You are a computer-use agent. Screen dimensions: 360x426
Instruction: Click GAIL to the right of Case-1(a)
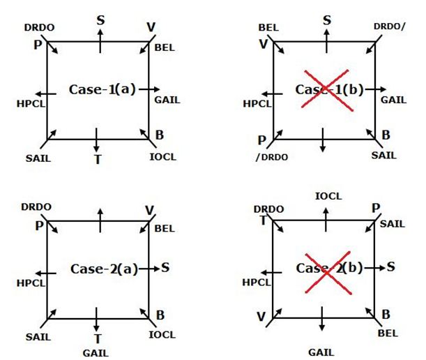pyautogui.click(x=167, y=100)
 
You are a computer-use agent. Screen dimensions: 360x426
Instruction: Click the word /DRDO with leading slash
pyautogui.click(x=271, y=157)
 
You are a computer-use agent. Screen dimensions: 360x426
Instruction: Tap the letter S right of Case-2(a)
pyautogui.click(x=167, y=267)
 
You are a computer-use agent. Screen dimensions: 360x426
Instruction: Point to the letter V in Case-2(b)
pyautogui.click(x=260, y=317)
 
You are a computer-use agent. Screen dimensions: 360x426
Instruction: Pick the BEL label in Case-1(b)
pyautogui.click(x=268, y=27)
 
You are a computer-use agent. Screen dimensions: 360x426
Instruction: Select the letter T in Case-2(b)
pyautogui.click(x=264, y=220)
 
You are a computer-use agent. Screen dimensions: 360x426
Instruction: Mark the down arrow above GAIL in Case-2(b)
pyautogui.click(x=323, y=328)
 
